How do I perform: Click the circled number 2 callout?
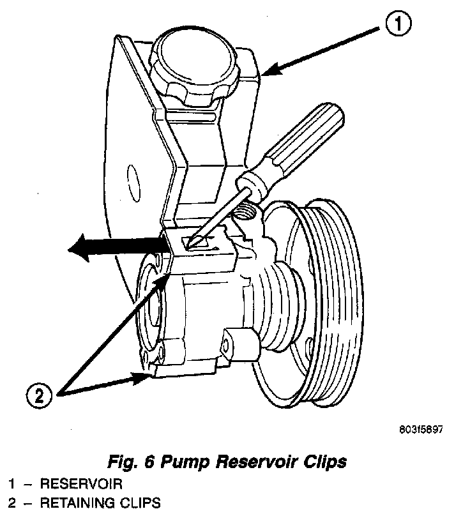click(39, 395)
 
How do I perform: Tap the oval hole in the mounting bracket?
click(133, 183)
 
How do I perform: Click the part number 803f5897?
click(421, 429)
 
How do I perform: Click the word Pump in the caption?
click(185, 462)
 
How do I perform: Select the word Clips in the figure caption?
click(324, 462)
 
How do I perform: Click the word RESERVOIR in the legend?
click(81, 484)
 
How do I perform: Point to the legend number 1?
click(12, 484)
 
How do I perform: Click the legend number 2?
click(12, 503)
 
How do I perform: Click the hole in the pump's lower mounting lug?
click(225, 345)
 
